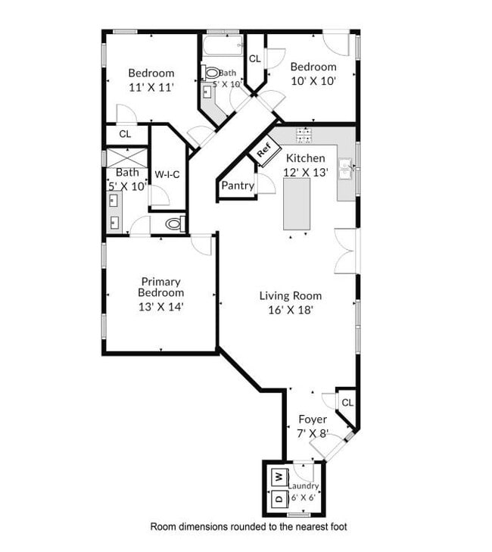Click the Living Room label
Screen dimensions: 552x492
coord(290,296)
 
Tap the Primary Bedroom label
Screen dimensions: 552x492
coord(160,287)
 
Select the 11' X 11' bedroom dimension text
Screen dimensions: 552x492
coord(151,87)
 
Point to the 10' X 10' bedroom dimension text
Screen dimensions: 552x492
coord(313,80)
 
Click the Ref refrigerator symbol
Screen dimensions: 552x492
coord(263,150)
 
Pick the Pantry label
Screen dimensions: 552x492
coord(237,186)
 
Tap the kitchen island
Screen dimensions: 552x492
coord(297,204)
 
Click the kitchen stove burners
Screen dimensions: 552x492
coord(304,136)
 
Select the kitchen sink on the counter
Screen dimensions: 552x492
coord(345,167)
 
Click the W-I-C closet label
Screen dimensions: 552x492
coord(167,175)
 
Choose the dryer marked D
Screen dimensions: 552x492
coord(279,500)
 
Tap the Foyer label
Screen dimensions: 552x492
coord(313,419)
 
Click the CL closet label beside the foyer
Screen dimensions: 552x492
coord(347,403)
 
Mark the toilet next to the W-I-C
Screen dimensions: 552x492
coord(174,224)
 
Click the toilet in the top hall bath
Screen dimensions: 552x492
coord(210,73)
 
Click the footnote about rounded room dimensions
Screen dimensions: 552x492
coord(248,526)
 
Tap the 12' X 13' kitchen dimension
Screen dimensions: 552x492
coord(305,172)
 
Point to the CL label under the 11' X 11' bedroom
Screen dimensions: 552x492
coord(125,134)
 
